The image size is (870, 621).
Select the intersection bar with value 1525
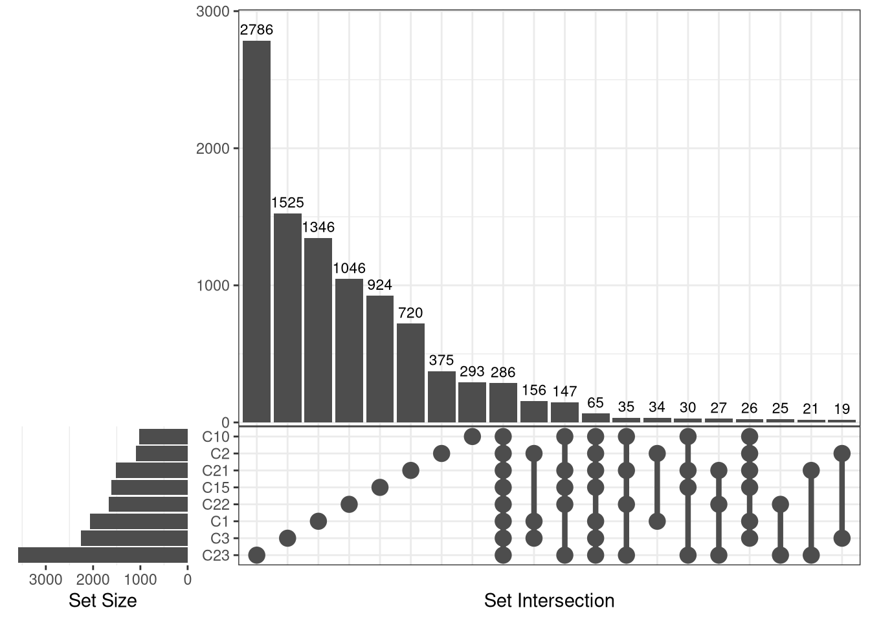[x=287, y=318]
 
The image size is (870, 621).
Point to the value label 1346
[x=318, y=227]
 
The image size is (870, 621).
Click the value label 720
[x=410, y=313]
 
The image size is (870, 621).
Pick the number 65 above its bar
[x=596, y=403]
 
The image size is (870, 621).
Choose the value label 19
[x=842, y=409]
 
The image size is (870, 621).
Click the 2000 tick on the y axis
[x=213, y=149]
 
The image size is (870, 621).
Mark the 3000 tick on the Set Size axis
[x=46, y=580]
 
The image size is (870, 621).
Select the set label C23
[x=216, y=556]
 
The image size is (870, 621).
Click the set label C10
[x=216, y=437]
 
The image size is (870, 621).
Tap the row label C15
[x=216, y=488]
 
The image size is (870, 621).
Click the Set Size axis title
[x=102, y=601]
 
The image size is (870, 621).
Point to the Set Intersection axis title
[x=549, y=601]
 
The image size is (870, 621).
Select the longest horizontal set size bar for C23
[x=103, y=555]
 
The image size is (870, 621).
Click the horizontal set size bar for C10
[x=163, y=437]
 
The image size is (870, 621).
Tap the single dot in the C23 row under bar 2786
[x=256, y=555]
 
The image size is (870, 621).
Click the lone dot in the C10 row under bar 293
[x=472, y=437]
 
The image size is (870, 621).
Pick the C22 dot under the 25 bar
[x=780, y=504]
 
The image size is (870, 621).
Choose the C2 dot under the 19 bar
[x=842, y=453]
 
